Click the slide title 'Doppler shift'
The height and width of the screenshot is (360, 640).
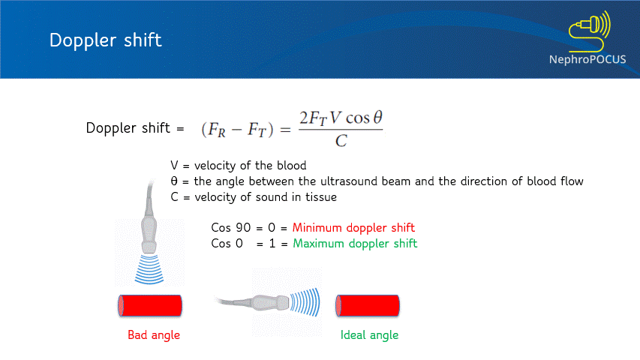coord(105,40)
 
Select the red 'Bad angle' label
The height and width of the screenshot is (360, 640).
coord(154,334)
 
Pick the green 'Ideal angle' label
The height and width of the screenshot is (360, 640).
coord(369,334)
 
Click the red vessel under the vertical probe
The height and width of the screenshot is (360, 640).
coord(150,305)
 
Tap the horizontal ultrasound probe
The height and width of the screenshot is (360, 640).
coord(266,302)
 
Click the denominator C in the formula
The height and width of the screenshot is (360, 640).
coord(341,141)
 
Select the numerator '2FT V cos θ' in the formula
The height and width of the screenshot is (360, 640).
coord(341,118)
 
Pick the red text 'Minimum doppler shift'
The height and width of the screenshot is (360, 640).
coord(353,227)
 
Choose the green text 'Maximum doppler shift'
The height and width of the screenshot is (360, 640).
coord(355,243)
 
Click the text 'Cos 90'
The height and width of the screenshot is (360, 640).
coord(229,227)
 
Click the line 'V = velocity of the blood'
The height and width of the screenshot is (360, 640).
coord(239,166)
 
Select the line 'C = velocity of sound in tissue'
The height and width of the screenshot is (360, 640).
coord(254,197)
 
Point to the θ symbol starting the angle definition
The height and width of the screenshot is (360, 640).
coord(175,181)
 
